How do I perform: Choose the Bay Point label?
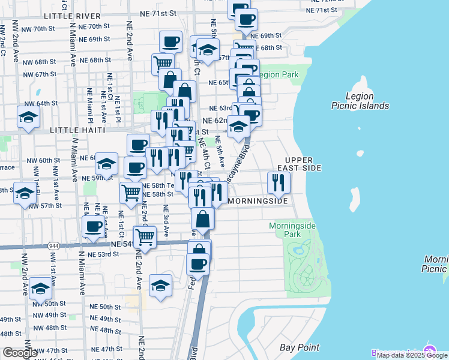coord(300,347)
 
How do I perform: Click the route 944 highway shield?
coord(53,246)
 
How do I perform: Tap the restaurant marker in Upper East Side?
coord(277,181)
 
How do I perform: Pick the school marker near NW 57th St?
coord(25,194)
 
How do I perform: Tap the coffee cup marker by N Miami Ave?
coord(94,226)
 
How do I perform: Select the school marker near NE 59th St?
coord(106,163)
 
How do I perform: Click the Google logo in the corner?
coord(20,352)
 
